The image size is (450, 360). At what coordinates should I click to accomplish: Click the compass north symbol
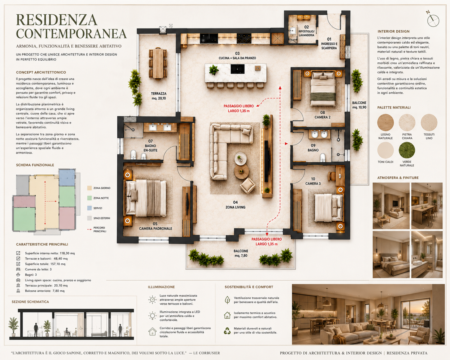tap(433, 20)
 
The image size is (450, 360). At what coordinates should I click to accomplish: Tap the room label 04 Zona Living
tap(235, 205)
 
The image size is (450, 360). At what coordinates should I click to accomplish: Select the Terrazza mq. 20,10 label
tap(159, 96)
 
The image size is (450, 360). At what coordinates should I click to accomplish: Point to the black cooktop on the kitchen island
tap(237, 69)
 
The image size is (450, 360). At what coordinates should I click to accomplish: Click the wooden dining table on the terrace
tap(158, 63)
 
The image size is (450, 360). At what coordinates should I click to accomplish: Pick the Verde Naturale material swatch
tap(407, 150)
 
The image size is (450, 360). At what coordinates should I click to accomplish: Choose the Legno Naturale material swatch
tap(385, 122)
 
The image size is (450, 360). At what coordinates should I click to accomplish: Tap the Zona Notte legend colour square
tap(89, 198)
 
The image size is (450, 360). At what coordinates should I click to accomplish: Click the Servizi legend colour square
tap(89, 208)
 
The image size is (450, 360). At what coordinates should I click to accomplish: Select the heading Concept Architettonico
tap(41, 72)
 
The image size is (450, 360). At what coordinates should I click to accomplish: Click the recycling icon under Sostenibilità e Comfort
tap(227, 331)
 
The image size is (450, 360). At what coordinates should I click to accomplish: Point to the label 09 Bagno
tap(313, 148)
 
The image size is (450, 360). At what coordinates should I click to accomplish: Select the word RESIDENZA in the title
tap(57, 20)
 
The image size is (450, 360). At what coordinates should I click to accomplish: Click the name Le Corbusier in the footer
tap(206, 353)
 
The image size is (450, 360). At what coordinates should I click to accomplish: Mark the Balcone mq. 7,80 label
tap(241, 253)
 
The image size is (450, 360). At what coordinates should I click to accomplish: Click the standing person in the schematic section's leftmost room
tap(36, 329)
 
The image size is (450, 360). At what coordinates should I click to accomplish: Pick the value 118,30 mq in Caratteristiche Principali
tap(67, 253)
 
